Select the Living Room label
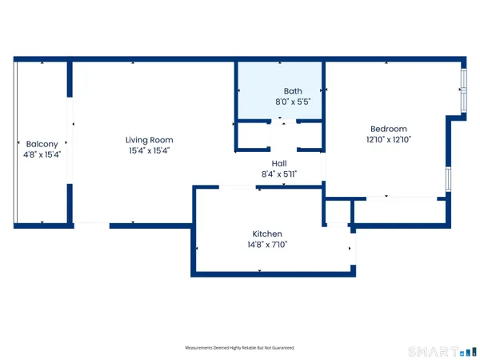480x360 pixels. click(x=150, y=139)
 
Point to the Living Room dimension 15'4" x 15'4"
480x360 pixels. click(x=150, y=150)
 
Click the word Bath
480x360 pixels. click(x=292, y=91)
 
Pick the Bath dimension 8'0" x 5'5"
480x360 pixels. click(x=292, y=102)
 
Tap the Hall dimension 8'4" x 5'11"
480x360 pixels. click(x=279, y=174)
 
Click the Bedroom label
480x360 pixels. click(x=388, y=129)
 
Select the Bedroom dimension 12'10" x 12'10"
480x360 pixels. click(x=388, y=139)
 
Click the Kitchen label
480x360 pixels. click(x=267, y=234)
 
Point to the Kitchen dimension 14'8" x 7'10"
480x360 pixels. click(x=267, y=245)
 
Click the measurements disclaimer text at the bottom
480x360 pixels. click(x=240, y=348)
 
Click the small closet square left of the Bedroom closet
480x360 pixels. click(x=338, y=212)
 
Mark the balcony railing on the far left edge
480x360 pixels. click(x=15, y=144)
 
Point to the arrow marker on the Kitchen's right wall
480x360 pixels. click(x=350, y=249)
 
